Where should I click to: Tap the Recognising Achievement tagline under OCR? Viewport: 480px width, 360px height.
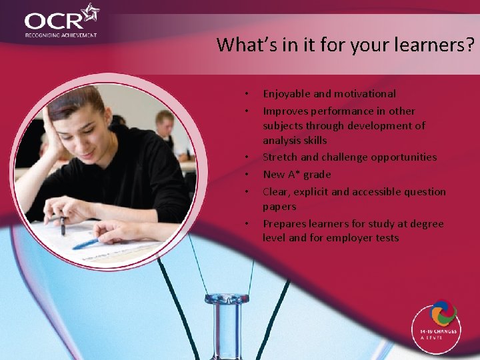pyautogui.click(x=61, y=35)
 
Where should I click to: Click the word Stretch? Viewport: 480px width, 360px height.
pyautogui.click(x=280, y=157)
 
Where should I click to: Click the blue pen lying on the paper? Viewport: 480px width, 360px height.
pyautogui.click(x=86, y=244)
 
